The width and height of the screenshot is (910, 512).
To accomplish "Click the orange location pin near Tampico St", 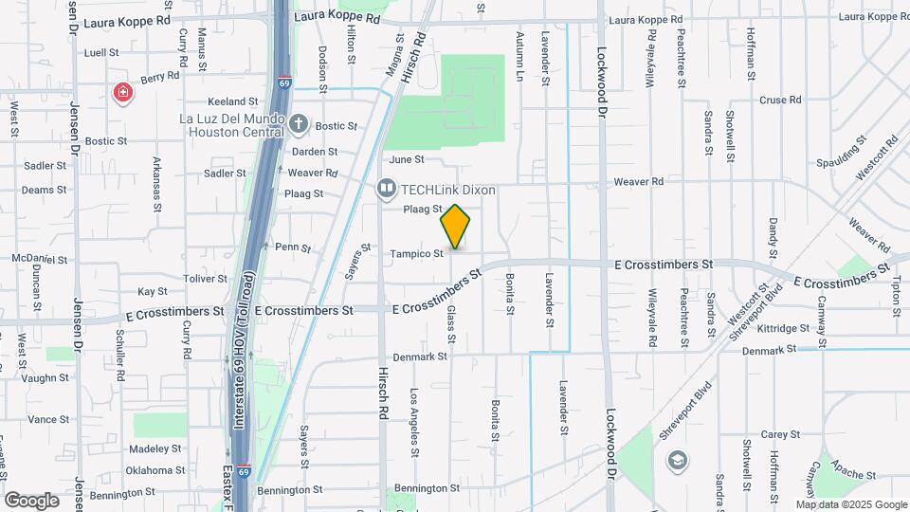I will [456, 227].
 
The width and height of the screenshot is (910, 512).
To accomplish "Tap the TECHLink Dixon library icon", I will [386, 190].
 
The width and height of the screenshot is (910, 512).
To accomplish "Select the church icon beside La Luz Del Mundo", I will [299, 123].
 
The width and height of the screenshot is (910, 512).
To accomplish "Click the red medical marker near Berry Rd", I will [122, 92].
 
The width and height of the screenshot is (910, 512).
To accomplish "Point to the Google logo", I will [31, 500].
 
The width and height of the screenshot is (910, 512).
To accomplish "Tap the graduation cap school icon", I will [678, 460].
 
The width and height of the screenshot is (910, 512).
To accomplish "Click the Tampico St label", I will [417, 254].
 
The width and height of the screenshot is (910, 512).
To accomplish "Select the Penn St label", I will [293, 247].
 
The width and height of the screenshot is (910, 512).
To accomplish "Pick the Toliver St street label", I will [206, 279].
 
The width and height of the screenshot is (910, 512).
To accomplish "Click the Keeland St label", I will [233, 101].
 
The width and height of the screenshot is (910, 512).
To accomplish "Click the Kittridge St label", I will [782, 328].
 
